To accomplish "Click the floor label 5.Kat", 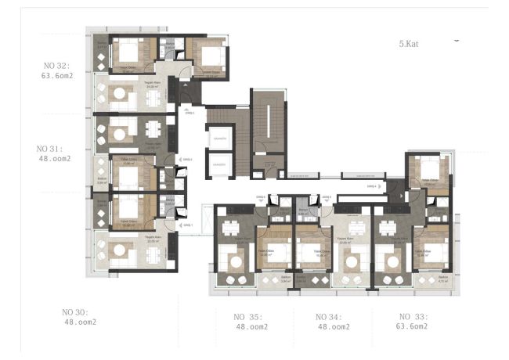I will click(409, 45).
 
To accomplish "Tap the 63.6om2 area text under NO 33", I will click(411, 326).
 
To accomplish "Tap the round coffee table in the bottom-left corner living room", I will click(121, 250).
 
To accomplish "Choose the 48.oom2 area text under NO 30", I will click(80, 322).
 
